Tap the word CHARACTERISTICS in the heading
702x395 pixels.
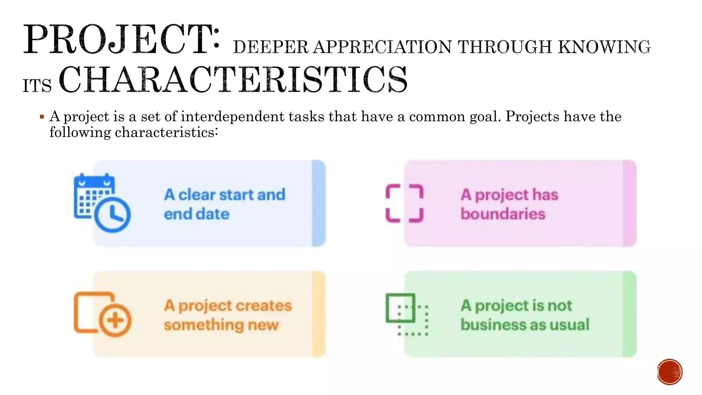(233, 80)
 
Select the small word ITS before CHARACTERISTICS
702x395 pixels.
(37, 86)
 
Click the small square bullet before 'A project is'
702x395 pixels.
(42, 117)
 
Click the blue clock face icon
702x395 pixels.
(112, 215)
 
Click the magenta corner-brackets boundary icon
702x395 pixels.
(404, 203)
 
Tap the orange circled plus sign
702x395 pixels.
(115, 320)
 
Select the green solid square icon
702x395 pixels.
(400, 308)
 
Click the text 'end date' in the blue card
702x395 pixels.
(196, 214)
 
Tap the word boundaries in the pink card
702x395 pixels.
(503, 214)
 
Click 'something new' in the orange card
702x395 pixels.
(221, 325)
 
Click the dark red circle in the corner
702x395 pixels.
(670, 372)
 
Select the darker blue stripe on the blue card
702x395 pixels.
(318, 203)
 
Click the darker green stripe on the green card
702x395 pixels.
(629, 314)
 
